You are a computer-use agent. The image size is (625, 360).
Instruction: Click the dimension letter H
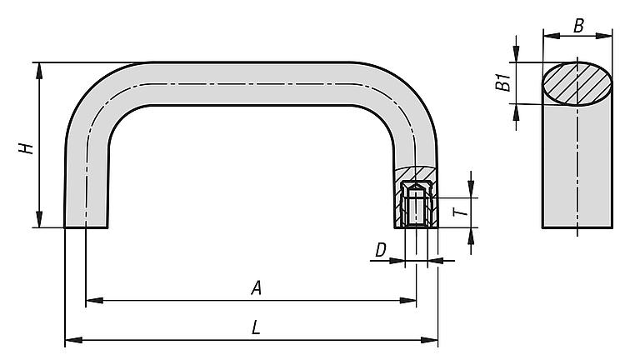tap(26, 148)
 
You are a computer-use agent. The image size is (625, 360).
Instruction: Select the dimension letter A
tap(257, 287)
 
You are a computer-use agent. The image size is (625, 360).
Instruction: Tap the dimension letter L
tap(256, 327)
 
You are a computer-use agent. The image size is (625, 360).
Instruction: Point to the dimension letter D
tap(381, 250)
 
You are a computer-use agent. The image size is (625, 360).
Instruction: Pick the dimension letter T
tap(461, 210)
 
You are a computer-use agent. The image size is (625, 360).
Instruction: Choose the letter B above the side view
tap(578, 27)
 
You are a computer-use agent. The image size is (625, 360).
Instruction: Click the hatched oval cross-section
tap(577, 83)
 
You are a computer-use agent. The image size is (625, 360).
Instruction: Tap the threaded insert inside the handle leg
tap(417, 203)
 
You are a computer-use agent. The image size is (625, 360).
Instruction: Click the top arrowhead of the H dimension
tap(39, 71)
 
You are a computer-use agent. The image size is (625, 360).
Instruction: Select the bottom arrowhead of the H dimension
tap(39, 219)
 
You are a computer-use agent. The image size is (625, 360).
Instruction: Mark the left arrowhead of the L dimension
tap(73, 340)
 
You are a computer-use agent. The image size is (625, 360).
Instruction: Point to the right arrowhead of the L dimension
tap(429, 340)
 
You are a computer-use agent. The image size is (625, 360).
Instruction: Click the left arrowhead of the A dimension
tap(94, 300)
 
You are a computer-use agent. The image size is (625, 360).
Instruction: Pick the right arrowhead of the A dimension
tap(407, 300)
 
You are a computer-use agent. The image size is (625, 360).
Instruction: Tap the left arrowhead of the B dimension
tap(552, 36)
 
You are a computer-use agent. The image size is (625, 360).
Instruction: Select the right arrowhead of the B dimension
tap(603, 36)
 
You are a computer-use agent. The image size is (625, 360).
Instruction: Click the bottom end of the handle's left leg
tap(86, 227)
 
